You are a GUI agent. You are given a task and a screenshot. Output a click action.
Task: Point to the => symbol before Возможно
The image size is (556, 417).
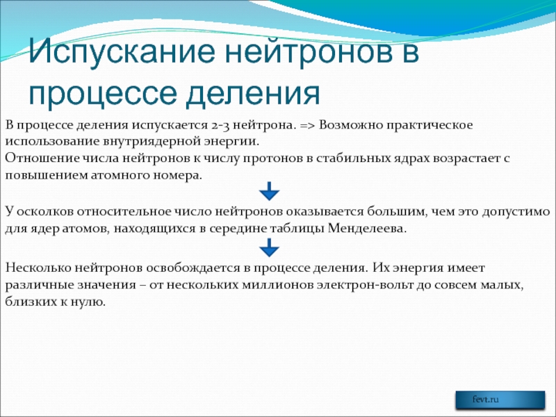point(307,126)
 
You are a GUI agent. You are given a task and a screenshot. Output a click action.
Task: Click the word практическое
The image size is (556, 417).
point(430,126)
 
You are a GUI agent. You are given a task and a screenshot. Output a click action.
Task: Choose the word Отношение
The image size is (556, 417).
point(42,158)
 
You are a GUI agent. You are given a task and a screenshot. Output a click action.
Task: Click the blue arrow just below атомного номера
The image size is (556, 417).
point(269,192)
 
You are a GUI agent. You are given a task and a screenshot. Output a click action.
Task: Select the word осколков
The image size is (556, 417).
point(45,212)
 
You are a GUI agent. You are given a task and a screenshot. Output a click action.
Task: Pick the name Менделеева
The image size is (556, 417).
point(367,229)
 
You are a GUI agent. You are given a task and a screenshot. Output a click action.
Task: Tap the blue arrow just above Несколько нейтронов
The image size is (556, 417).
point(269,247)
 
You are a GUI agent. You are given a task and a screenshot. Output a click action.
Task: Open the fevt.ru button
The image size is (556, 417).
point(500,400)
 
